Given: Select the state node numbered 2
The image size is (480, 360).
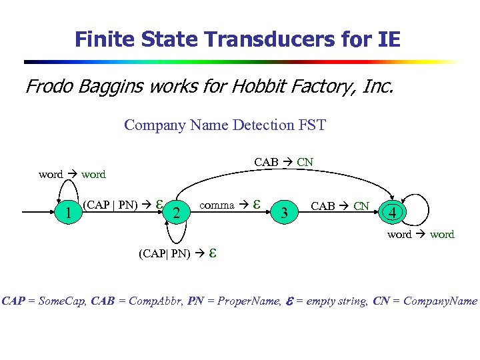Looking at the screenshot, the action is (176, 213).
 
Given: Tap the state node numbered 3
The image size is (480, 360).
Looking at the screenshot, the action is (285, 213).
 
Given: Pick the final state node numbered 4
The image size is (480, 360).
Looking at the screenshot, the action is (395, 213).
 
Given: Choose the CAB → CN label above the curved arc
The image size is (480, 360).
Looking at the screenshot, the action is (283, 162).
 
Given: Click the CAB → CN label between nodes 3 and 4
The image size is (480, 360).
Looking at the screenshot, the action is (340, 205).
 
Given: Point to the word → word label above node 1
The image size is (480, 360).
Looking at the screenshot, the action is (72, 175).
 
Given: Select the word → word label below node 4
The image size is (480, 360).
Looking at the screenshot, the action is (420, 234).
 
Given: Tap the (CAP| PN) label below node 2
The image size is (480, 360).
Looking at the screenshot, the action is (175, 253).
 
